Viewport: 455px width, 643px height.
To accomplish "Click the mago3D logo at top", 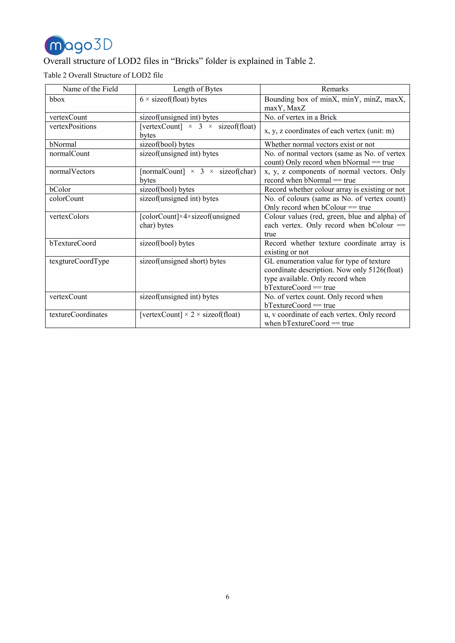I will [x=78, y=45].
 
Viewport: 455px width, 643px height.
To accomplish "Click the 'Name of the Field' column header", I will [x=90, y=89].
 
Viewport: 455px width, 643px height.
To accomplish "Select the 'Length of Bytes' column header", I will [x=198, y=89].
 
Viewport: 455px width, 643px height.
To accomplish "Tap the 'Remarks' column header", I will [x=335, y=89].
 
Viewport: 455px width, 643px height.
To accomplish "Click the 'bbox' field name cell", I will [x=57, y=99].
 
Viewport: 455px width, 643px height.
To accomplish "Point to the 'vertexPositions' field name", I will [x=73, y=127].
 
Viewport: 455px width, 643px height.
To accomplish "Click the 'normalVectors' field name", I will [x=72, y=172].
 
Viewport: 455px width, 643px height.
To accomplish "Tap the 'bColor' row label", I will [x=60, y=190].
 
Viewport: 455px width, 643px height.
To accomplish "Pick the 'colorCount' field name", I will [x=66, y=199].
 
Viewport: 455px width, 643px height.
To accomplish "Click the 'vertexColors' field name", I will [x=69, y=217].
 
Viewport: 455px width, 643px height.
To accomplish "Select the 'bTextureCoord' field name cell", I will [x=73, y=243].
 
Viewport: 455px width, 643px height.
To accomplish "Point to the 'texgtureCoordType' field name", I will [x=79, y=261].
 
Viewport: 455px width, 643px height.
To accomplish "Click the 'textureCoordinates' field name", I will [x=78, y=315].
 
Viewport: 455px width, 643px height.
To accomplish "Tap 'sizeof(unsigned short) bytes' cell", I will [x=182, y=261].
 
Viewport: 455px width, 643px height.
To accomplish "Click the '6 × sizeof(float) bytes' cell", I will [x=173, y=99].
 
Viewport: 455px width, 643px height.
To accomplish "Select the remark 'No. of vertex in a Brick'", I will [x=300, y=117].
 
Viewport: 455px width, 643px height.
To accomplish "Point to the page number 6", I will [x=227, y=597].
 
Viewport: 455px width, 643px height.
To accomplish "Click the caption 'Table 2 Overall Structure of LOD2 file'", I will [x=103, y=75].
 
